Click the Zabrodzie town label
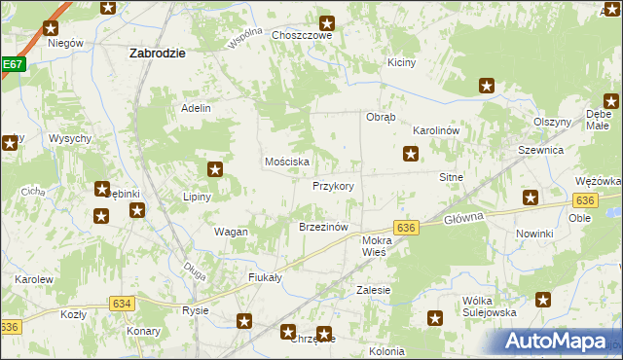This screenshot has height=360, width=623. (x=158, y=54)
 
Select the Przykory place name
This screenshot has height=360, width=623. (x=333, y=186)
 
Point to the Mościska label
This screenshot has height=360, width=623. (x=287, y=162)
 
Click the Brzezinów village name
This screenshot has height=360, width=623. (x=323, y=227)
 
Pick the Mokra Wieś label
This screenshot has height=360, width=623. (x=376, y=245)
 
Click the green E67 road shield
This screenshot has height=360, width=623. (x=12, y=64)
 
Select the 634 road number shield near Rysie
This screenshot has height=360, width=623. (x=122, y=304)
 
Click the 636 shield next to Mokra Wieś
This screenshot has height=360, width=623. (x=407, y=227)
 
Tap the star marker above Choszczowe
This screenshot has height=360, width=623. (x=328, y=22)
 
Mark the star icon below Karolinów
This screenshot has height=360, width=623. (x=412, y=153)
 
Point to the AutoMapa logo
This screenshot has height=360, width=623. (x=562, y=342)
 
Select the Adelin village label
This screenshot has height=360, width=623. (x=196, y=108)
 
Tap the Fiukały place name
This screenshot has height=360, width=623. (x=265, y=277)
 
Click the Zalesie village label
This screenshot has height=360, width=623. (x=374, y=290)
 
